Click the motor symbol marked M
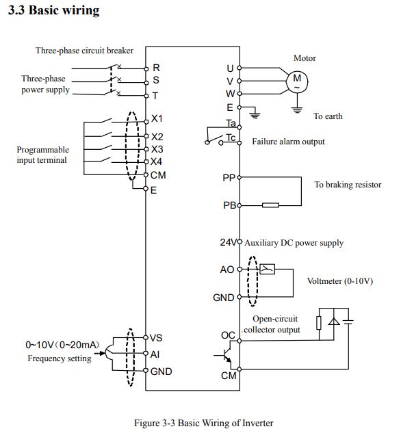pos(297,81)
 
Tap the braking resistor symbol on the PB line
pos(270,205)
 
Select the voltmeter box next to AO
pos(267,269)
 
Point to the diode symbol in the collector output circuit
pos(334,322)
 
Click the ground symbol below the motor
pos(297,109)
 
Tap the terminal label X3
pos(157,149)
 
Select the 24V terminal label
pos(228,242)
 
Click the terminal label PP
pos(229,178)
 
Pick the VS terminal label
pos(156,338)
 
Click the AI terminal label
pos(155,354)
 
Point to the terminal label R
pos(156,68)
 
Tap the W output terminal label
pos(230,94)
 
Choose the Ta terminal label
pos(231,123)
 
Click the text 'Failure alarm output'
pos(288,142)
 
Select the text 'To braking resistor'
pos(348,185)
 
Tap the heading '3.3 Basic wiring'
pos(54,10)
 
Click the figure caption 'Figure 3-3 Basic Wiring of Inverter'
pos(204,423)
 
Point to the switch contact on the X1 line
pos(105,120)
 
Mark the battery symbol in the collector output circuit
pos(348,322)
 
